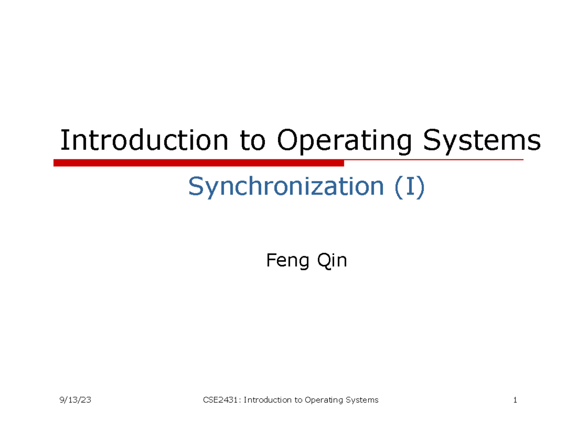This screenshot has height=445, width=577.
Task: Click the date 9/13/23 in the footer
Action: coord(76,400)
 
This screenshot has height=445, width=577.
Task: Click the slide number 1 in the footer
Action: coord(515,400)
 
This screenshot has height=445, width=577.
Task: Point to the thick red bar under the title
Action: coord(199,164)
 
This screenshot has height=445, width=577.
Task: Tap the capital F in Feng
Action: coord(270,261)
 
